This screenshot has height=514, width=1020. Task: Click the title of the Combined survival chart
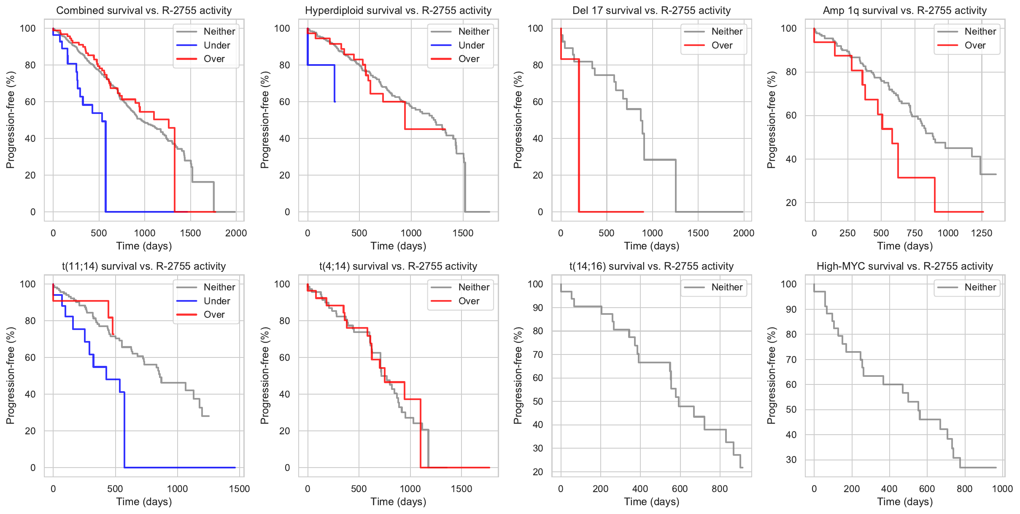click(144, 11)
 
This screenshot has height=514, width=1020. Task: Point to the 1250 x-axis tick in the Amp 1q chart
click(982, 233)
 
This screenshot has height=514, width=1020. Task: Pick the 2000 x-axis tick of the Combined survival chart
click(236, 233)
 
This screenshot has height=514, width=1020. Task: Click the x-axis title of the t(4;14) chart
click(398, 502)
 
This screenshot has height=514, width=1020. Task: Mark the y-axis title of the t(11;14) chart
click(11, 376)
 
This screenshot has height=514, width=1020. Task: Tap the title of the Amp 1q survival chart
click(905, 11)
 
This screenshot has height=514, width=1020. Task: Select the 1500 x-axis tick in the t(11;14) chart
click(240, 489)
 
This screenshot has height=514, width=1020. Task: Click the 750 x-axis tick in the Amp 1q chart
click(915, 233)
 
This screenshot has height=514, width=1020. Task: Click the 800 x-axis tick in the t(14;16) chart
click(720, 489)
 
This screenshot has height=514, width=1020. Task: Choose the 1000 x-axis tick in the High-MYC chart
click(1002, 489)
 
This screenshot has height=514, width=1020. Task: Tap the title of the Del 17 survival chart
click(651, 11)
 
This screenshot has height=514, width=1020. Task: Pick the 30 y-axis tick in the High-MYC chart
click(791, 460)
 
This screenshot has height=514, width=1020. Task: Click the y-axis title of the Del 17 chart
click(518, 120)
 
